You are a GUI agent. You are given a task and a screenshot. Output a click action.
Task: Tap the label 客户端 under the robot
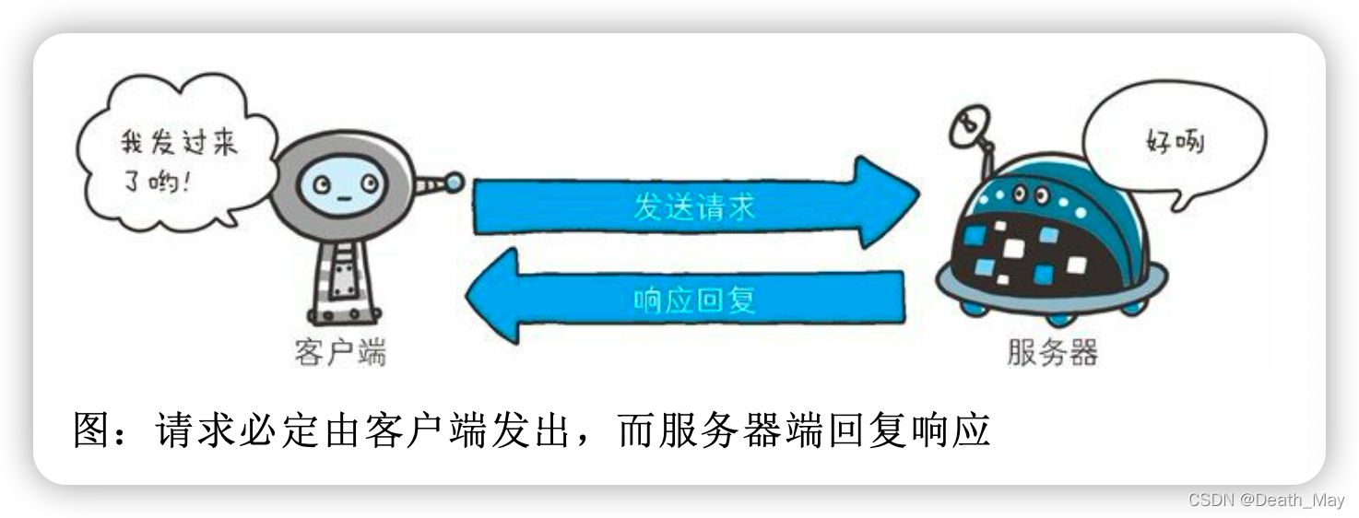[x=340, y=352]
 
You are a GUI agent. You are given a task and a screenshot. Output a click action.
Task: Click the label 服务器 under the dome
[x=1052, y=353]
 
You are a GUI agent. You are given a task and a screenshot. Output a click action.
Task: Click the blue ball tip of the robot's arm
[x=454, y=182]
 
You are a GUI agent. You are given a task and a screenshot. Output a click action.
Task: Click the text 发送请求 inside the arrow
[x=693, y=206]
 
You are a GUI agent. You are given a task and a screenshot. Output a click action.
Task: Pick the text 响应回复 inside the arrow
[x=693, y=300]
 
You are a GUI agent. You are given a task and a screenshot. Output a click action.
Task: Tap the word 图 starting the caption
[x=93, y=430]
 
